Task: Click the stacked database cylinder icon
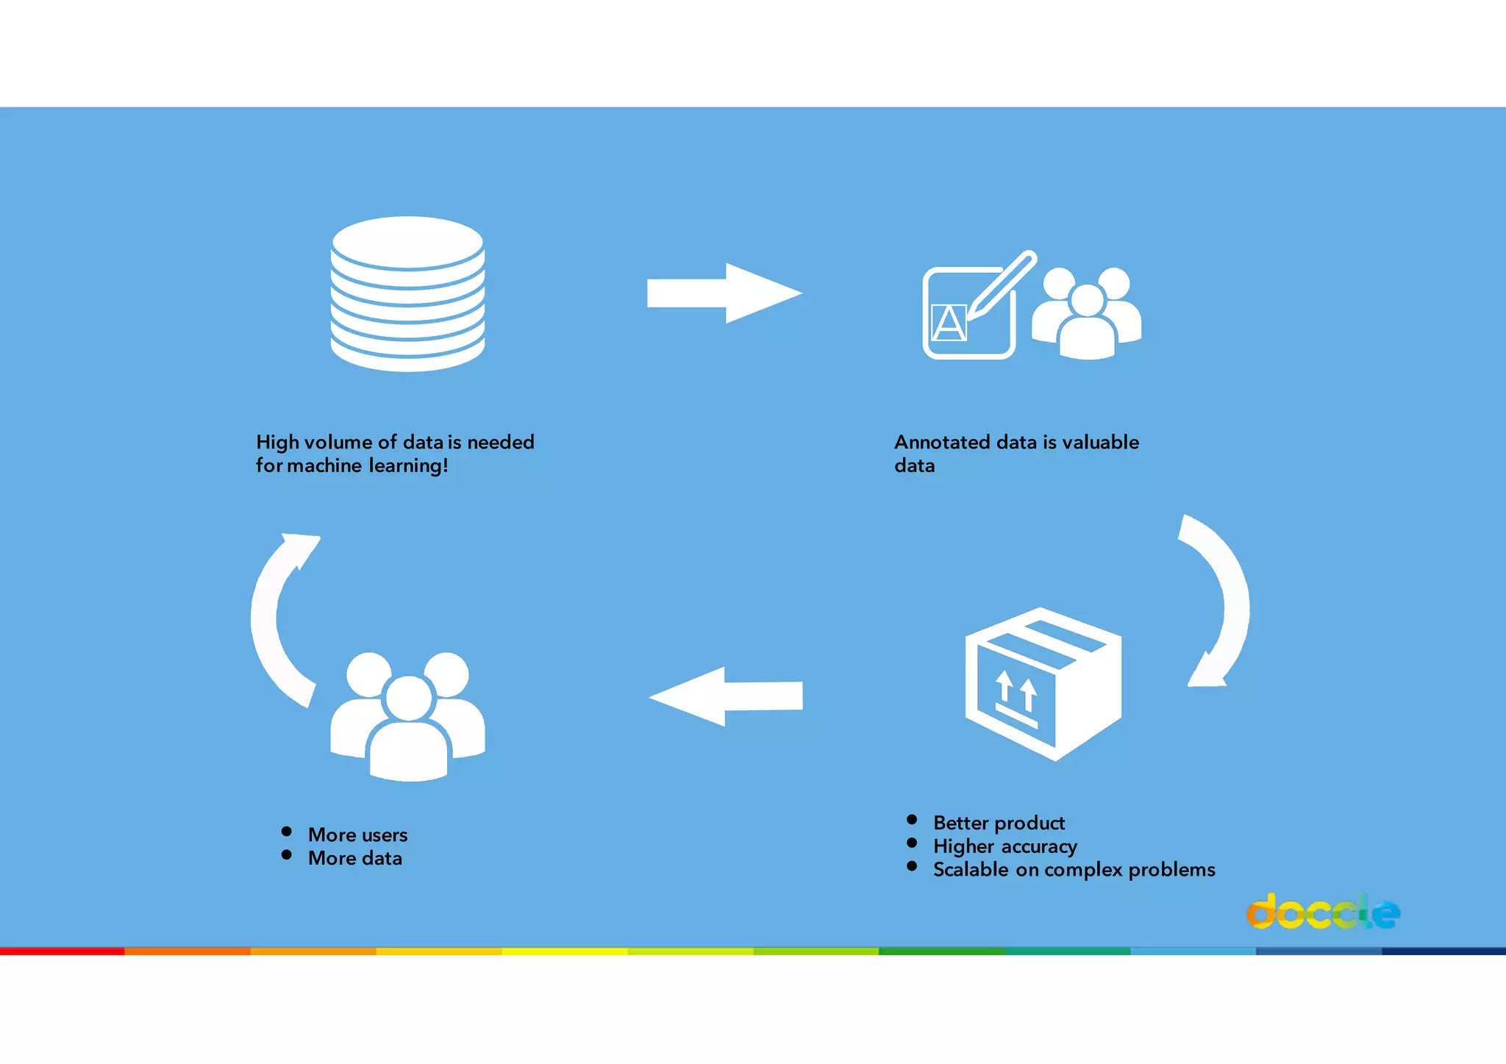407,294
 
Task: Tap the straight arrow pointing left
726,696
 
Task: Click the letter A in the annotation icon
949,323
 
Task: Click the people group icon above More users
408,717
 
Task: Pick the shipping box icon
1043,684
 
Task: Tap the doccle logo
1323,913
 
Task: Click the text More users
357,835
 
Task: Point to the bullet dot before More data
287,854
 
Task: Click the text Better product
999,823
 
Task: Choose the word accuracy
1039,846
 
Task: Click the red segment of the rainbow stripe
63,951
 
